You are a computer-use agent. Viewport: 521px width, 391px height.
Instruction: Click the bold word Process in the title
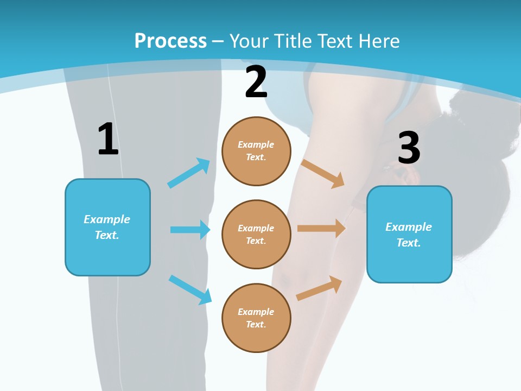170,41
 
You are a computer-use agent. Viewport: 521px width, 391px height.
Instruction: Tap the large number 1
108,140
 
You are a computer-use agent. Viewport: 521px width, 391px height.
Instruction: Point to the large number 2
256,82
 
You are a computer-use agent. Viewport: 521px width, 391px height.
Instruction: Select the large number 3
409,148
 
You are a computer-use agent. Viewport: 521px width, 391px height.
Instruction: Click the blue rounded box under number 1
107,227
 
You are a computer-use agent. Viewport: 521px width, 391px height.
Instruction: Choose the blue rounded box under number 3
409,234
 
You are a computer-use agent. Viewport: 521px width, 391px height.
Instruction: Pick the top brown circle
256,151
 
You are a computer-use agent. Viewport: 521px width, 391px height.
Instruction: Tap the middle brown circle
256,234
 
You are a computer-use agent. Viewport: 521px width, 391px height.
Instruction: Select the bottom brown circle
256,318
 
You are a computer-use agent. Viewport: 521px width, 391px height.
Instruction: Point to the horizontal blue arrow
190,230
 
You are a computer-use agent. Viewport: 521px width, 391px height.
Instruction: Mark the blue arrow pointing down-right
190,289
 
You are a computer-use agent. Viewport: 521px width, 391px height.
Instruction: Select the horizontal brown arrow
321,228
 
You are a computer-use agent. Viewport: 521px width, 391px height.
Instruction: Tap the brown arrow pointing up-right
319,288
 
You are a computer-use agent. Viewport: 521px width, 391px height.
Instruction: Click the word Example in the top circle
256,144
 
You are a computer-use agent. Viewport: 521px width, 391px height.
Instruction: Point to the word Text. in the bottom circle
256,324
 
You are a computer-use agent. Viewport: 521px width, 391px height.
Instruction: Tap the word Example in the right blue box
409,227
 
